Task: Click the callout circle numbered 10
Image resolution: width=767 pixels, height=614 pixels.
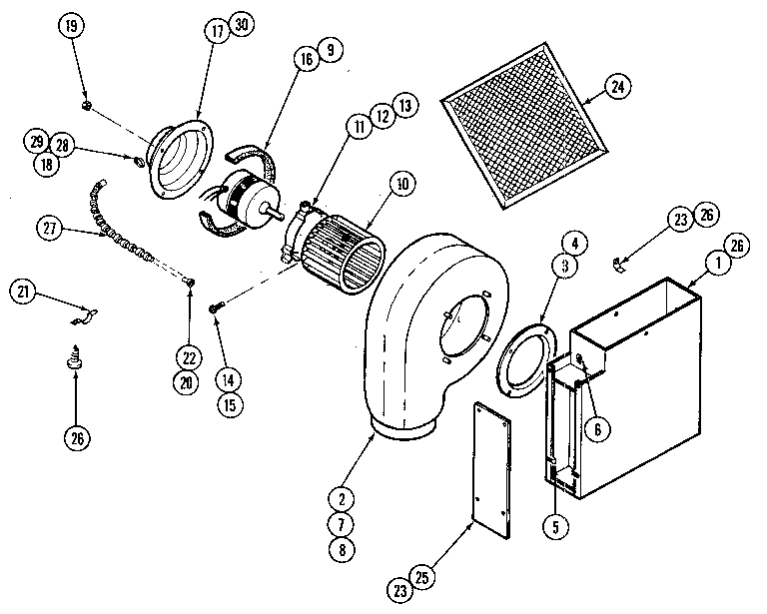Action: coord(402,184)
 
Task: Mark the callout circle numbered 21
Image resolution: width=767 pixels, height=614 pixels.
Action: coord(25,292)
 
